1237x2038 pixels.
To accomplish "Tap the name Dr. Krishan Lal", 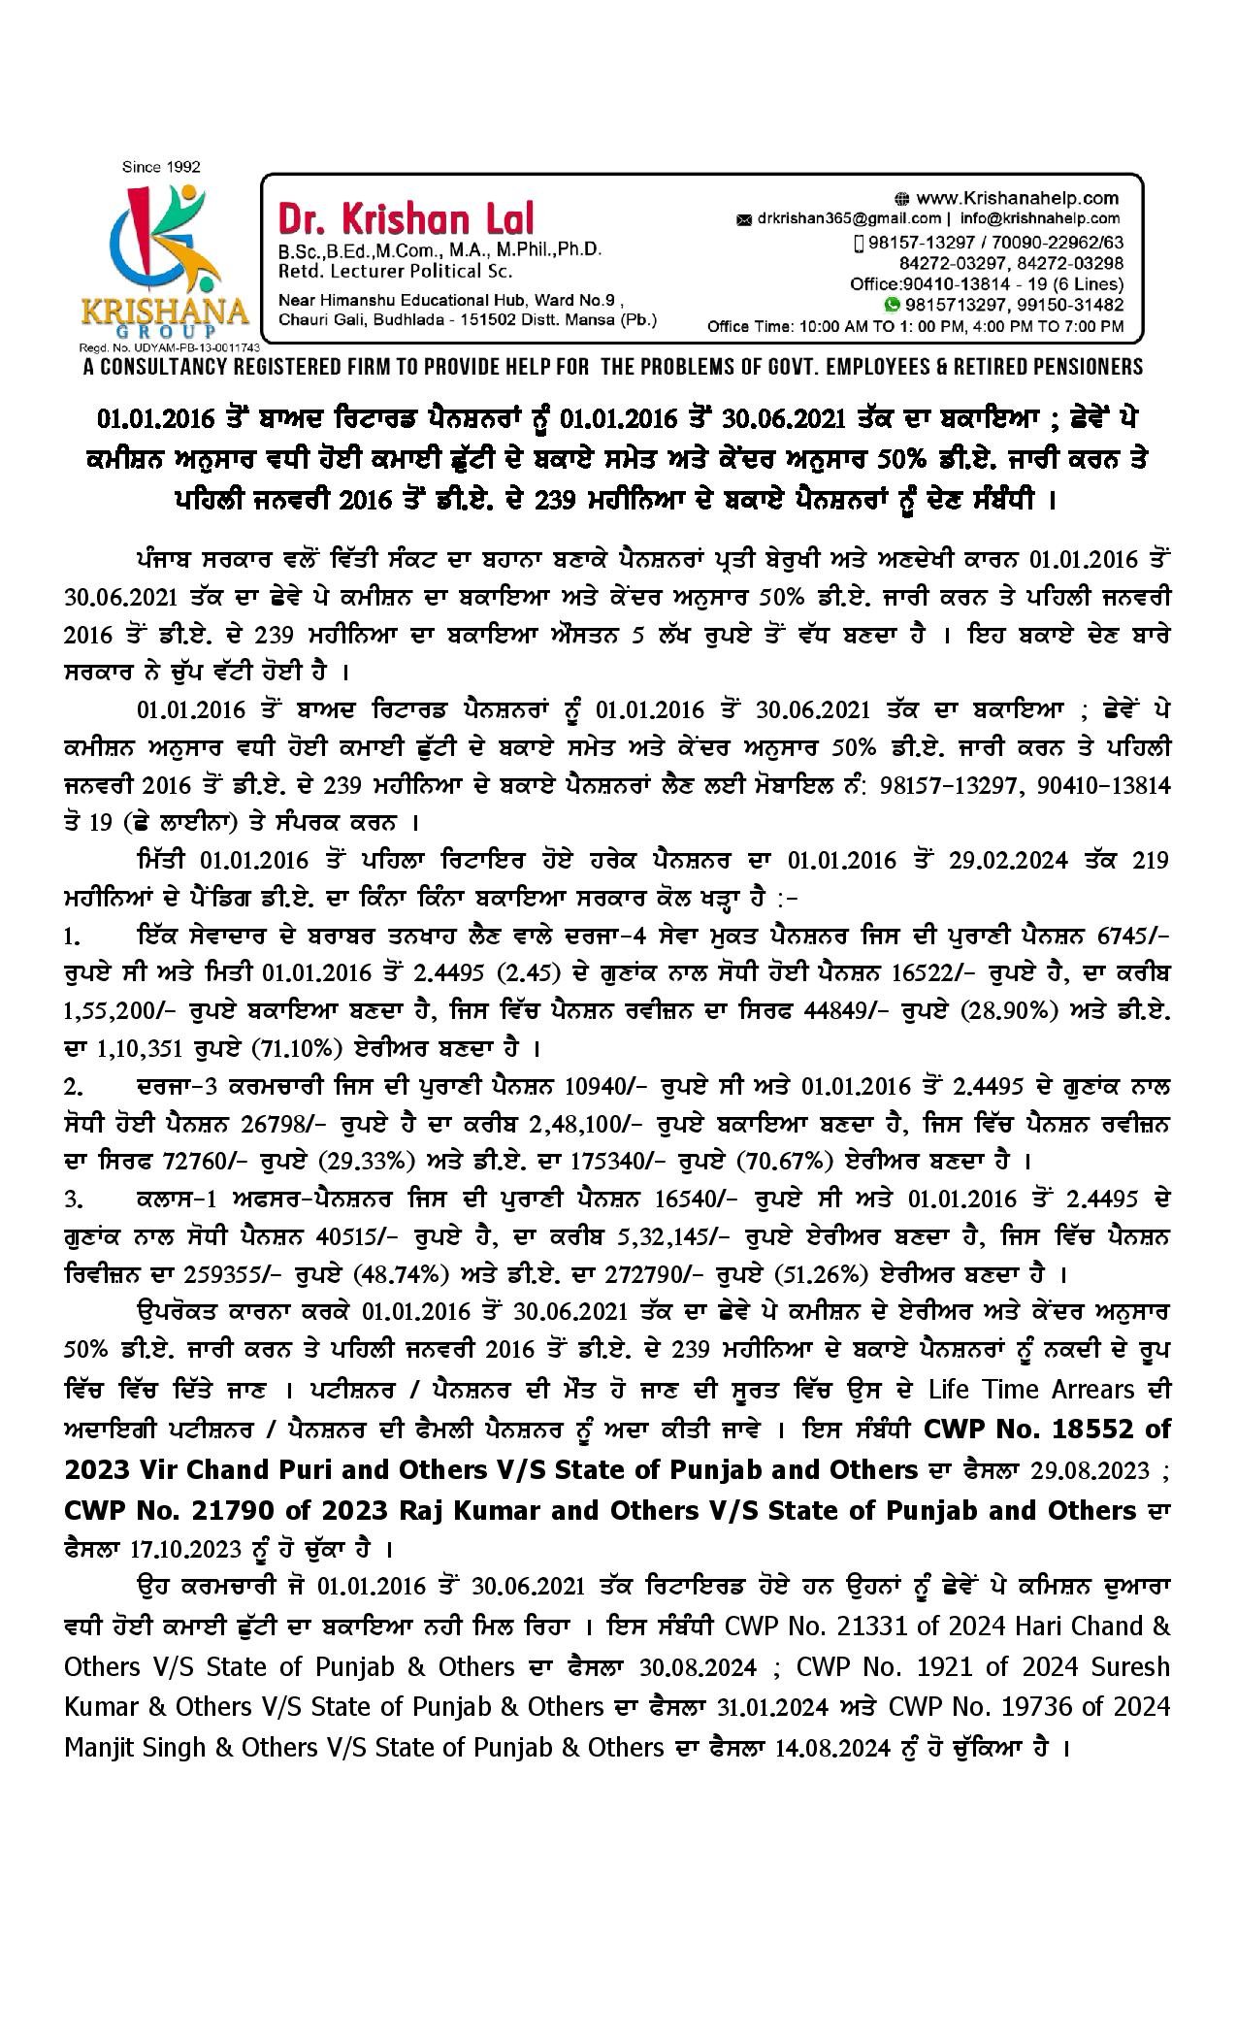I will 406,217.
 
